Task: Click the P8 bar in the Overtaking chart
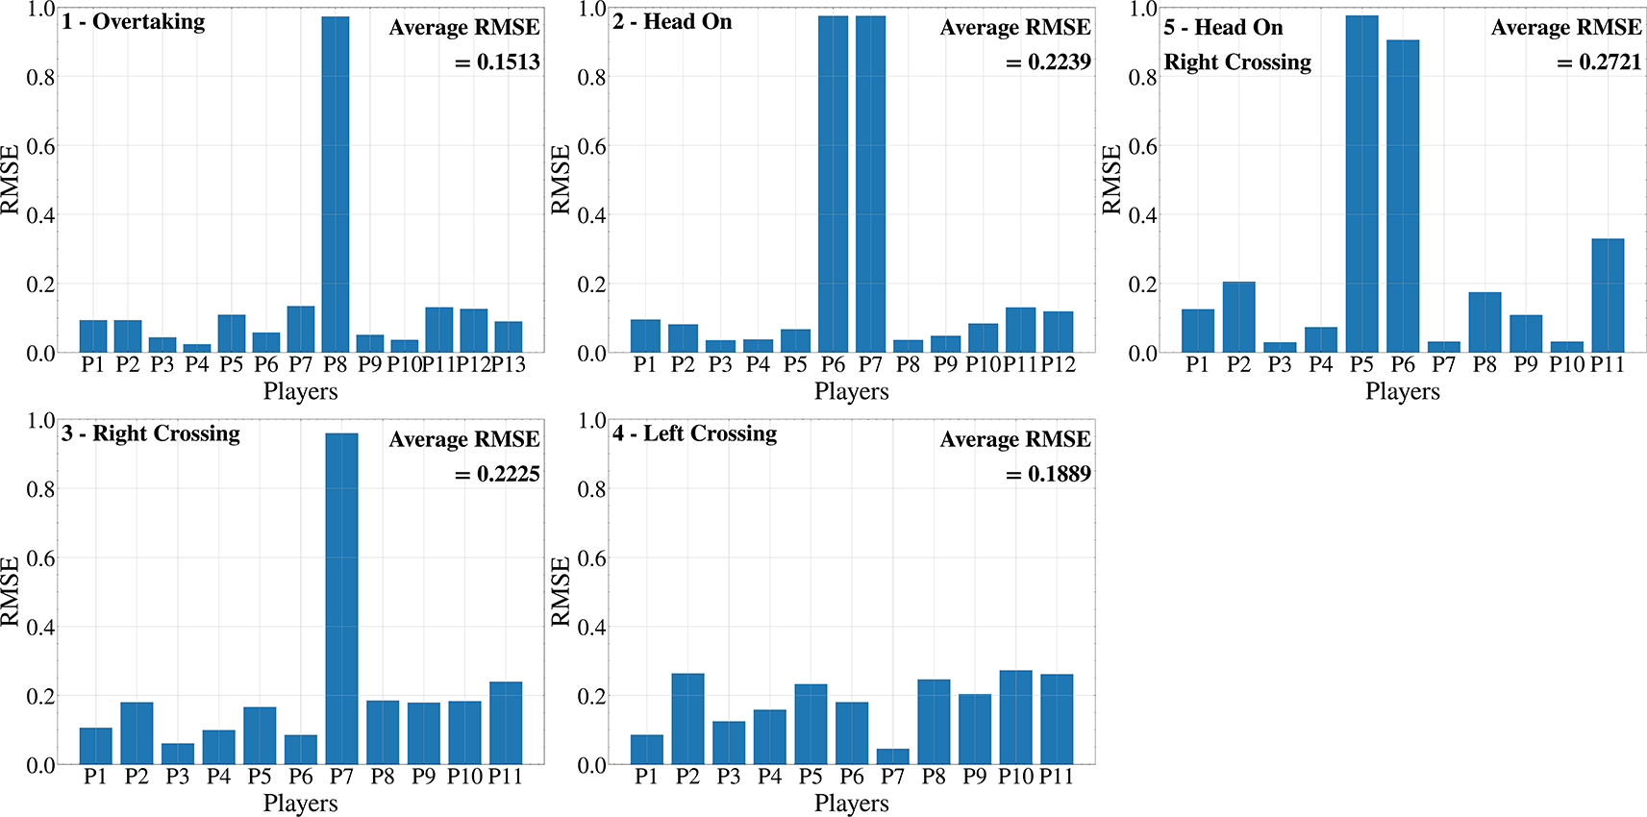336,185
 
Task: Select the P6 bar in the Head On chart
833,185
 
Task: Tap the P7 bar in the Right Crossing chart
342,599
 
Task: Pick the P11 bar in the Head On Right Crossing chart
1608,295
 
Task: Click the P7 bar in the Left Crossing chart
892,756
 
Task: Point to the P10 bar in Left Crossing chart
1015,717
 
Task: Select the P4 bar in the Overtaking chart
196,348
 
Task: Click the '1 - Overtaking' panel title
133,22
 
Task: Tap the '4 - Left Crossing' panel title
695,433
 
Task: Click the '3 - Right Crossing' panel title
151,434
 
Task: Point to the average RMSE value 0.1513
497,62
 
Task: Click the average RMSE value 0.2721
1599,62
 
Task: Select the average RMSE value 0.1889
1049,474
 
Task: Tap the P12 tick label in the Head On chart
1058,364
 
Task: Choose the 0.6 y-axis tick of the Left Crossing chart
592,558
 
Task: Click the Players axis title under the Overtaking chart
301,391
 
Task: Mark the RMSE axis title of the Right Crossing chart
11,591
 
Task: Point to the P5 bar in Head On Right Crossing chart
1361,184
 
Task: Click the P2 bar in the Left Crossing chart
687,719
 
